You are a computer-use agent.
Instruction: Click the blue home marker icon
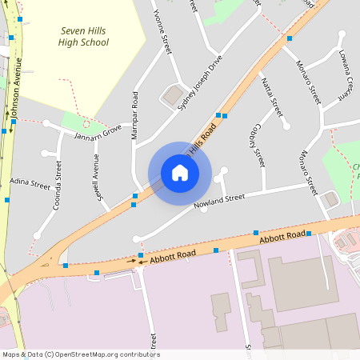tap(180, 173)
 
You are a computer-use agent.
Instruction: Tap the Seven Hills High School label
tap(83, 35)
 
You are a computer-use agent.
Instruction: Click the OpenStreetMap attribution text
tap(81, 354)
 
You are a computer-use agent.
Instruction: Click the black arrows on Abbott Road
tap(135, 261)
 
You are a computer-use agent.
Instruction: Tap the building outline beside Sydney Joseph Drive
tap(172, 97)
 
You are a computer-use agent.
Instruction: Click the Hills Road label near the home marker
tap(202, 142)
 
